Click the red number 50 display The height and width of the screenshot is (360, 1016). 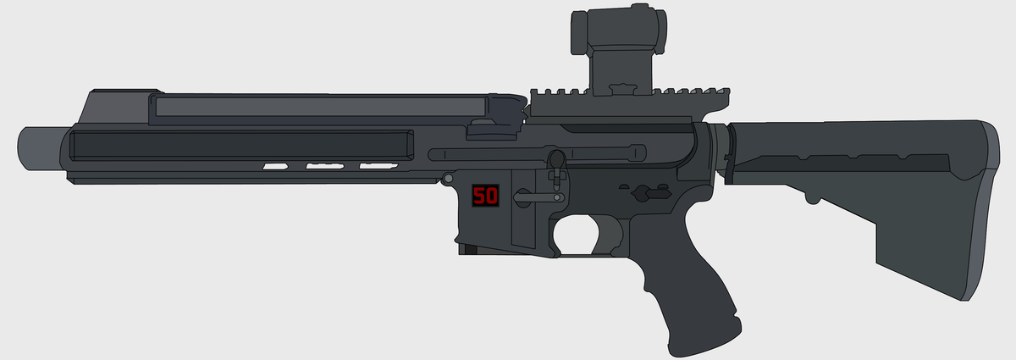[485, 197]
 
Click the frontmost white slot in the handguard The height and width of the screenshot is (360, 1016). [275, 166]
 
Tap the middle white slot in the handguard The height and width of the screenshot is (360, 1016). [323, 166]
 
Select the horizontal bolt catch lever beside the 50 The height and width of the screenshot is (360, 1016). [538, 196]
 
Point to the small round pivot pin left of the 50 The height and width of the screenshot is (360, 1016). [447, 178]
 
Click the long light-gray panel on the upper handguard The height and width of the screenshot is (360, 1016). [317, 107]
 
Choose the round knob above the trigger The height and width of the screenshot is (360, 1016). [556, 159]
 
